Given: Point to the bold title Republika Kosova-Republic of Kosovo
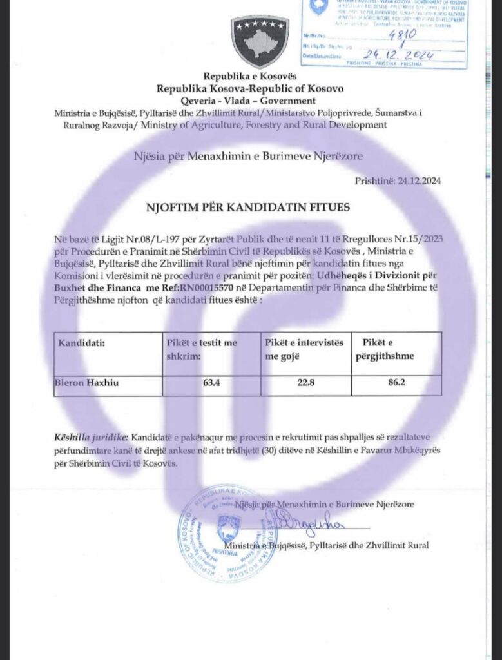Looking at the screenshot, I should [249, 88].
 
